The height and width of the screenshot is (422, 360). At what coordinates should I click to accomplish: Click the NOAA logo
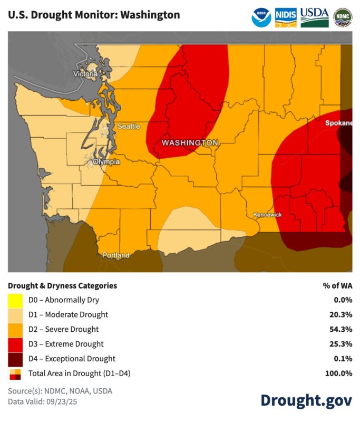262,17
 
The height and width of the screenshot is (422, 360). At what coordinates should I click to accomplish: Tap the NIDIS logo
286,17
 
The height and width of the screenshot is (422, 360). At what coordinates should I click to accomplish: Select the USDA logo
315,17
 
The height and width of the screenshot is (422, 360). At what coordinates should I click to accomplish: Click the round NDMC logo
343,17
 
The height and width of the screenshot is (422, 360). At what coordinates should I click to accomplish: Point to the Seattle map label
128,126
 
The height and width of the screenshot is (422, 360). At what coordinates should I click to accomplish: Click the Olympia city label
106,161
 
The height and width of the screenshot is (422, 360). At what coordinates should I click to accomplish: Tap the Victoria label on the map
85,74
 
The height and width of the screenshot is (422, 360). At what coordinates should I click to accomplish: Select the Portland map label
116,255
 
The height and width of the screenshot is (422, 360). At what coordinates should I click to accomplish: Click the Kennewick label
267,215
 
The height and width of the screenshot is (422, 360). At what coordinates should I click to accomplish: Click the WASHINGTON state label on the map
189,143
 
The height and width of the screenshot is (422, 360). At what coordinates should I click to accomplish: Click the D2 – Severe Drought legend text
63,329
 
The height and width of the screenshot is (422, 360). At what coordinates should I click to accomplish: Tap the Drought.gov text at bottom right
306,400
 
